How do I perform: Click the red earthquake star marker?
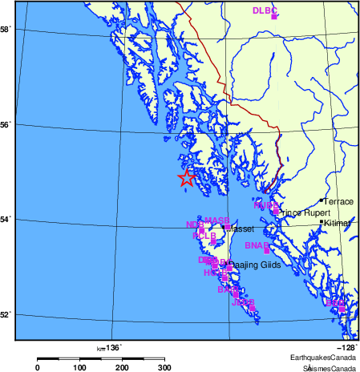click(x=186, y=179)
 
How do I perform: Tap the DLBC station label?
click(x=264, y=10)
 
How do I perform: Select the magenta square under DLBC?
click(x=274, y=17)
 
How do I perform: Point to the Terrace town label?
click(x=338, y=201)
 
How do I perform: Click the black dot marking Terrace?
click(x=322, y=200)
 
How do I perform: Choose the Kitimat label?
click(x=339, y=224)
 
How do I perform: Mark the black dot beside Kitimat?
click(x=322, y=222)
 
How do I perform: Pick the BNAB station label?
click(x=256, y=245)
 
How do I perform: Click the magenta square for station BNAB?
click(x=266, y=251)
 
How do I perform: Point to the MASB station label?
click(x=216, y=220)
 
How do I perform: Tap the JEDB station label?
click(x=242, y=303)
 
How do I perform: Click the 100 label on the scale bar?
click(x=80, y=367)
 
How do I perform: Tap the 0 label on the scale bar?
click(x=38, y=367)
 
